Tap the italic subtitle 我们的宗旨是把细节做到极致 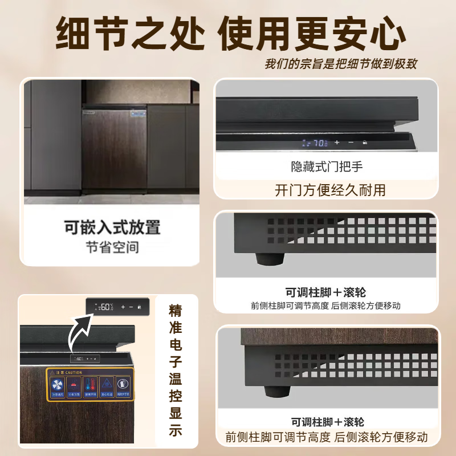point(340,63)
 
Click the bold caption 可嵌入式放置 point(112,227)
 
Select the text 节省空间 point(112,247)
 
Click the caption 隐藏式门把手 point(327,167)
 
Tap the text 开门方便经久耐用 point(330,190)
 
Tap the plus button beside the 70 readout point(337,142)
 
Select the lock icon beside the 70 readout point(364,142)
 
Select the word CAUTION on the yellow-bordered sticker point(74,372)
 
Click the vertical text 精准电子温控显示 point(175,370)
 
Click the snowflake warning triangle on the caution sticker point(107,385)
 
